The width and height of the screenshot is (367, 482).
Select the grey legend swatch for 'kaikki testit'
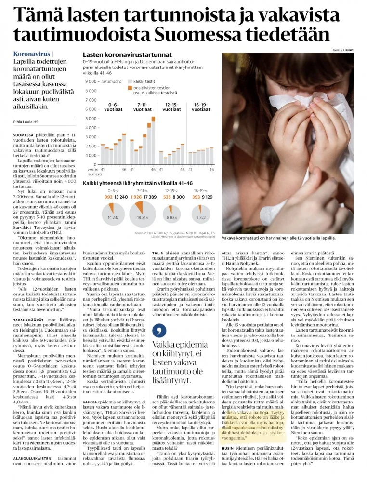[x=129, y=81]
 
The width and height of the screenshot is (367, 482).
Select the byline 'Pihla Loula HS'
[x=29, y=122]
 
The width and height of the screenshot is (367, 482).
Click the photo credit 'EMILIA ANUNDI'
[x=346, y=50]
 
